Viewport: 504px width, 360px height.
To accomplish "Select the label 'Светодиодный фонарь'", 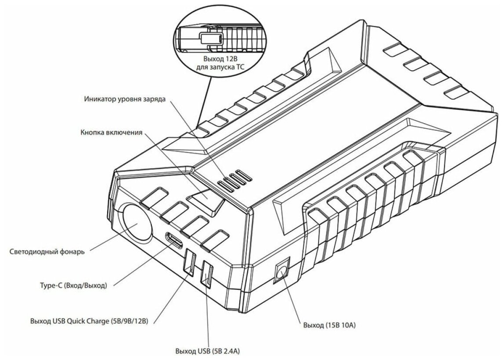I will click(x=47, y=252).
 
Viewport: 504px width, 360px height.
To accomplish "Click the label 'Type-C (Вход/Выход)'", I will click(x=73, y=286).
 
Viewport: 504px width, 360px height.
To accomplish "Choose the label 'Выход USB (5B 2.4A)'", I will click(x=207, y=352).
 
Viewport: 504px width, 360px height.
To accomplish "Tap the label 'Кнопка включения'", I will click(x=112, y=132).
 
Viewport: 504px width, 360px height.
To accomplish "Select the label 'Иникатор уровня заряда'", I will click(x=125, y=99).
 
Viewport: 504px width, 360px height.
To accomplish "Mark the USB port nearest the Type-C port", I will click(x=190, y=263).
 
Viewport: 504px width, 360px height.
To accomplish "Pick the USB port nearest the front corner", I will click(x=206, y=275).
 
